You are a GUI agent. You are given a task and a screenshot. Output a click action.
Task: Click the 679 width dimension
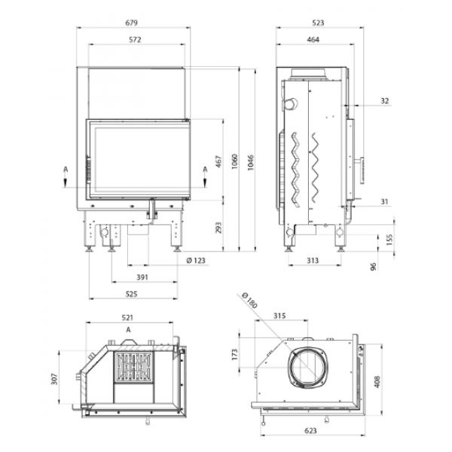pos(131,23)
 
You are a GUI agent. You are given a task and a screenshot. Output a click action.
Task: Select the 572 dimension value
pos(135,39)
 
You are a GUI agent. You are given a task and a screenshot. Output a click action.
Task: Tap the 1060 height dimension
pos(235,161)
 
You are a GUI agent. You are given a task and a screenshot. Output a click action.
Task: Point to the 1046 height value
pos(251,163)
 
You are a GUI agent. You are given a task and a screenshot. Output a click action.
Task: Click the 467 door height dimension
pos(219,161)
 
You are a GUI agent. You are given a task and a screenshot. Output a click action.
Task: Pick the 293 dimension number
pos(219,228)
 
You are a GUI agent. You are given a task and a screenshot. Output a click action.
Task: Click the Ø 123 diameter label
pos(196,261)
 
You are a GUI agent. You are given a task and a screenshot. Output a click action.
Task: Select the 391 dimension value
pos(142,277)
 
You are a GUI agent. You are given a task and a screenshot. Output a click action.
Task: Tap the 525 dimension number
pos(131,294)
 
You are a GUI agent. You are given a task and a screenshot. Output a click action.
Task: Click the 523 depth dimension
pos(318,23)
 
